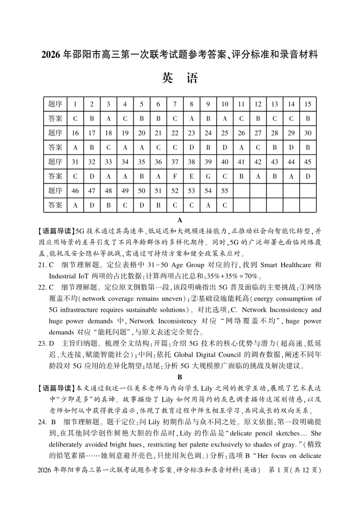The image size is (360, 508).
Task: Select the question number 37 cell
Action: (x=175, y=161)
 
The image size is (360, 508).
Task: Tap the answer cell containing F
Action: (x=175, y=176)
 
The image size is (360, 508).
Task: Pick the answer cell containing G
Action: (x=208, y=176)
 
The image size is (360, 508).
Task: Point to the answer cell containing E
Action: (x=191, y=176)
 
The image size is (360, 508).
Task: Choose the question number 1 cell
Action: (x=76, y=104)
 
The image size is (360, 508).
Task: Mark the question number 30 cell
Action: (x=308, y=133)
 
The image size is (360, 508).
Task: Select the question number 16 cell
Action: (x=76, y=133)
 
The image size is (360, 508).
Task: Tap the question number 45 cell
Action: (x=308, y=161)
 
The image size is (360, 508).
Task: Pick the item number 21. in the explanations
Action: (x=43, y=265)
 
